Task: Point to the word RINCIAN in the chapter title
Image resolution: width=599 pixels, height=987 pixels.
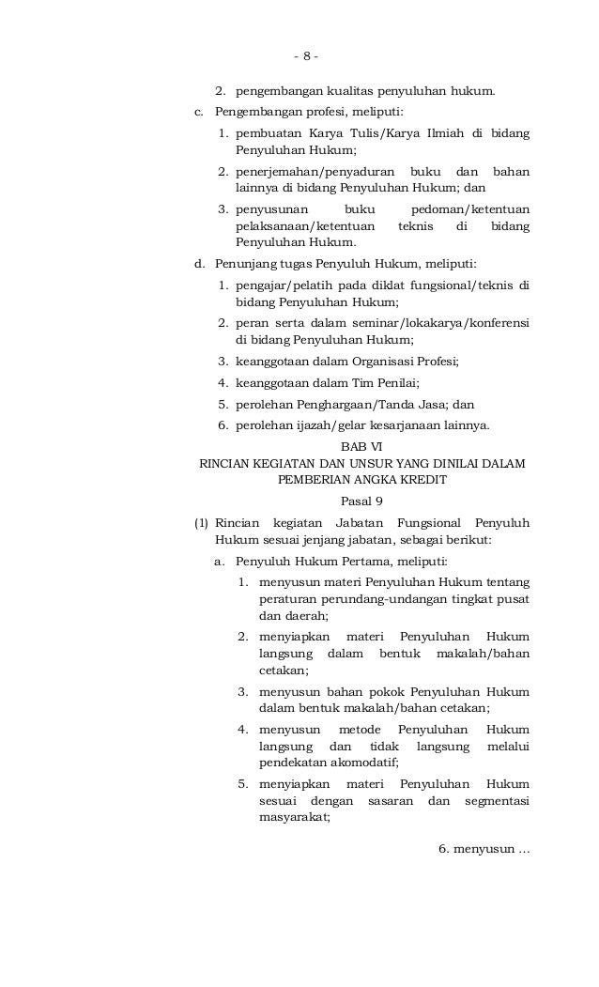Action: click(223, 463)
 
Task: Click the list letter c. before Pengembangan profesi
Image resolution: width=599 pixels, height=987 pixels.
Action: click(198, 114)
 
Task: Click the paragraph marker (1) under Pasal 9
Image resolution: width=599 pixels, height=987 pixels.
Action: click(201, 521)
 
